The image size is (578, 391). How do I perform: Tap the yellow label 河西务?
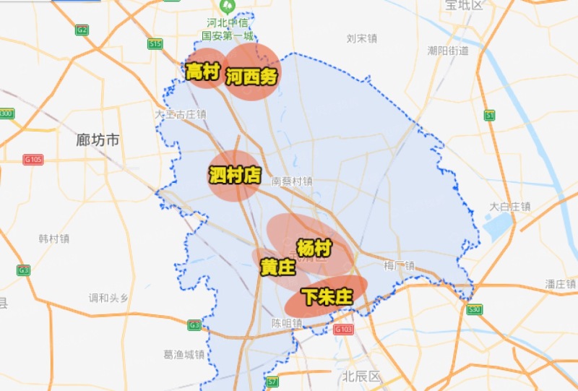(x=251, y=77)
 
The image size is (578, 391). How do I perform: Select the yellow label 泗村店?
(x=235, y=175)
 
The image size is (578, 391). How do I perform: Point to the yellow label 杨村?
(x=314, y=248)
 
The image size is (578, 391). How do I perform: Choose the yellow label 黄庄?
(x=277, y=267)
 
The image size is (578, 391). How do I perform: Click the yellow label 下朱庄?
(x=327, y=296)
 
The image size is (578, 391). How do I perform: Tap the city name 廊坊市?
(x=98, y=140)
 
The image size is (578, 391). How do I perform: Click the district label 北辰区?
(x=361, y=376)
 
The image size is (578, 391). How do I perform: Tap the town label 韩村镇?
(x=54, y=239)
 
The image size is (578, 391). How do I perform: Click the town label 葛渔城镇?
(x=184, y=354)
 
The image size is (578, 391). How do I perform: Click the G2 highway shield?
(x=82, y=30)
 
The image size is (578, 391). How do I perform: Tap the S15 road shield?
(x=155, y=44)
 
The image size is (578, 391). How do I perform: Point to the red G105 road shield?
(x=33, y=160)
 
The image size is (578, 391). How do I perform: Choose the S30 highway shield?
(x=474, y=309)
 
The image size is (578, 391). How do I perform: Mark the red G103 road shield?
(x=343, y=330)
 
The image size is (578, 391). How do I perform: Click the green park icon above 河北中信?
(x=228, y=9)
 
